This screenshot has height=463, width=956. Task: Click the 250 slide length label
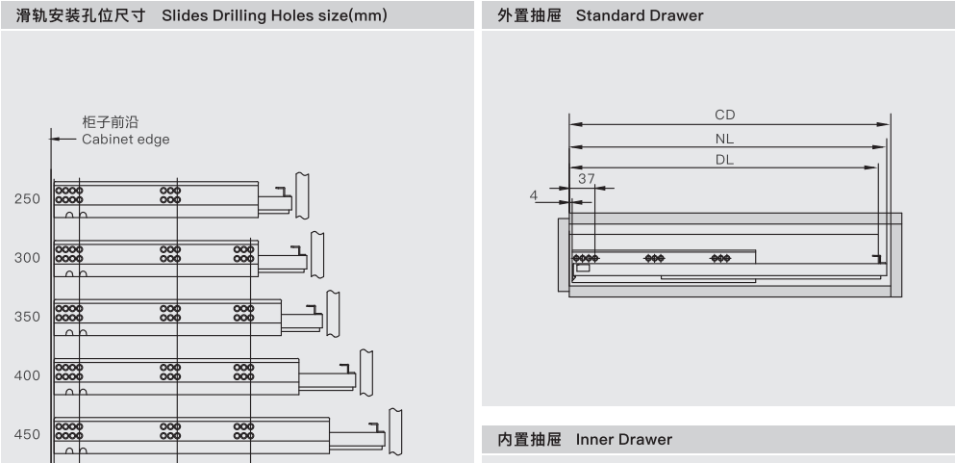(28, 199)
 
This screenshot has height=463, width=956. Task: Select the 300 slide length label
(28, 258)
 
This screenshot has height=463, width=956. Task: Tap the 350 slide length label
(28, 317)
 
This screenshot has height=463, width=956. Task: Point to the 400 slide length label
(28, 375)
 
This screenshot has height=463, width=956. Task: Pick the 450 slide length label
(28, 435)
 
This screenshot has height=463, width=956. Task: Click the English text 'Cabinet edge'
(126, 140)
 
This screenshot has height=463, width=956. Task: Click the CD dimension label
(725, 115)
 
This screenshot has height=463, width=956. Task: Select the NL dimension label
(725, 139)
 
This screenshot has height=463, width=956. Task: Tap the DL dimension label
(725, 161)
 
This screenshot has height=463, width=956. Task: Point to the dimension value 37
(587, 179)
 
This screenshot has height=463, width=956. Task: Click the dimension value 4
(534, 195)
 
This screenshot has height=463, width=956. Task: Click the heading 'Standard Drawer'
(640, 15)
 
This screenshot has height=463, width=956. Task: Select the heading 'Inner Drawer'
(624, 440)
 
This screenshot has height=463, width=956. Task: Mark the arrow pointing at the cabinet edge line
(63, 139)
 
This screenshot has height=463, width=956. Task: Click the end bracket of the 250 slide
(302, 195)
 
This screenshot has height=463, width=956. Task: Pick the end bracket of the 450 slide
(395, 431)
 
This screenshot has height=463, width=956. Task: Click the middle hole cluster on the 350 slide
(170, 314)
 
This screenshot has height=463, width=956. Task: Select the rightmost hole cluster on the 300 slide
(244, 254)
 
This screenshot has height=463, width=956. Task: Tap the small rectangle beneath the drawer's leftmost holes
(583, 268)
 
